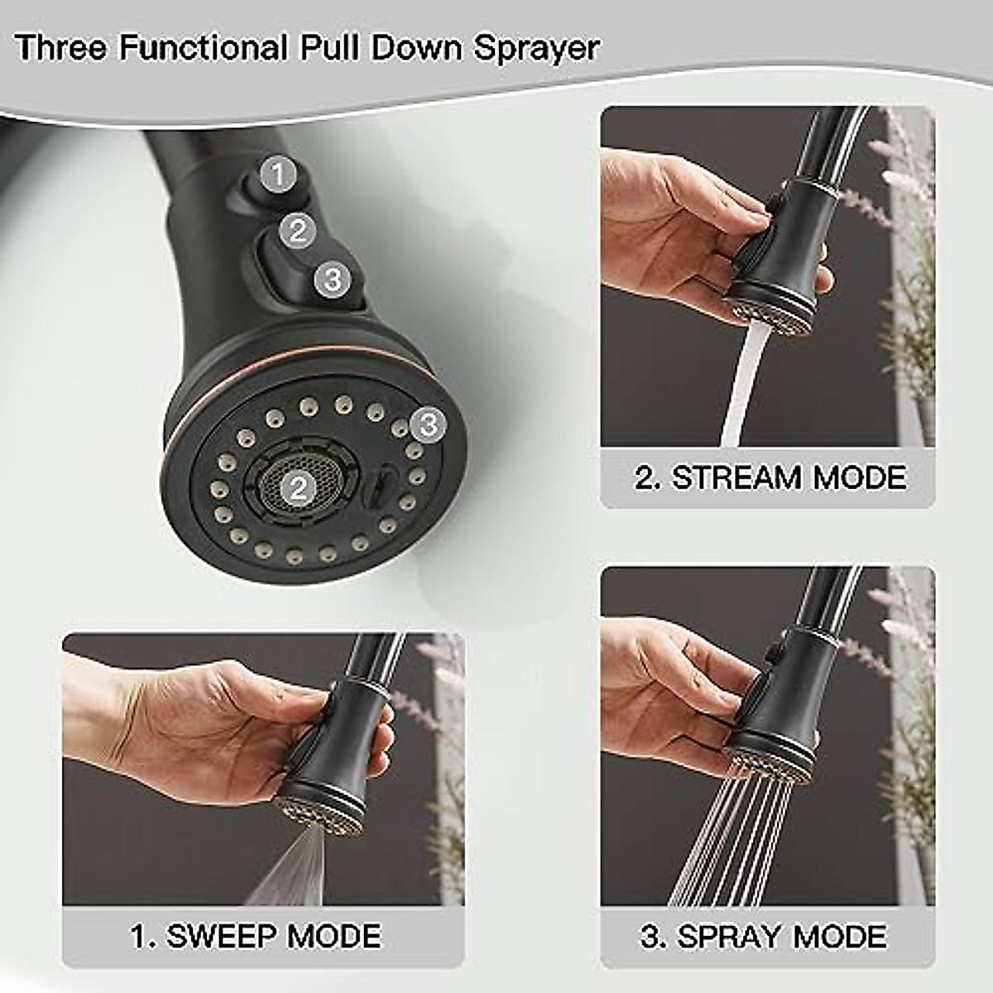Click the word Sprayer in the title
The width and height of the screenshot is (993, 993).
(x=535, y=47)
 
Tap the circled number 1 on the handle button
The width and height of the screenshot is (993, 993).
(x=279, y=175)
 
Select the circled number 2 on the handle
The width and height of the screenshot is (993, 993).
(x=298, y=230)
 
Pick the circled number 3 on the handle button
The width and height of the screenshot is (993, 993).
(x=333, y=278)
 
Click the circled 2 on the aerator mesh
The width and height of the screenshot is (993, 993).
(x=298, y=488)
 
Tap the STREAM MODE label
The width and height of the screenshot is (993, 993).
(x=770, y=477)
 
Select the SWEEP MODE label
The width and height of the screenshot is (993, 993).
(x=256, y=936)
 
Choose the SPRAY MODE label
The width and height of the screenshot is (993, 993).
(x=762, y=936)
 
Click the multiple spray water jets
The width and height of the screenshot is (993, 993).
(x=728, y=836)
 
